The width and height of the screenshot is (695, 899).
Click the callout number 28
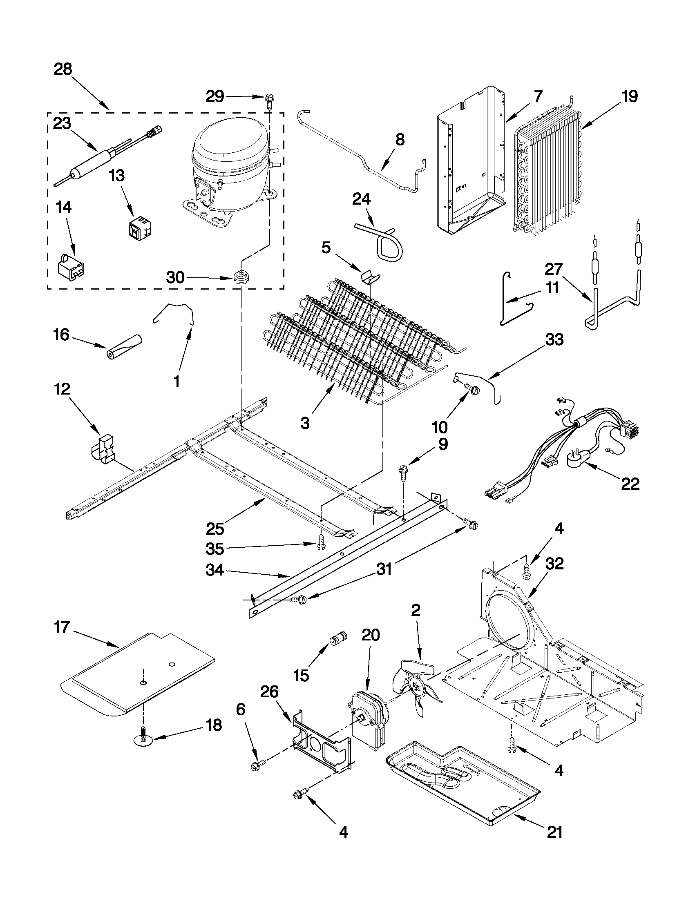tap(63, 69)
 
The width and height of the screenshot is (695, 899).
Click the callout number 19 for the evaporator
tap(630, 96)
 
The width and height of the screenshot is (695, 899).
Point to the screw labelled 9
tap(402, 472)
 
